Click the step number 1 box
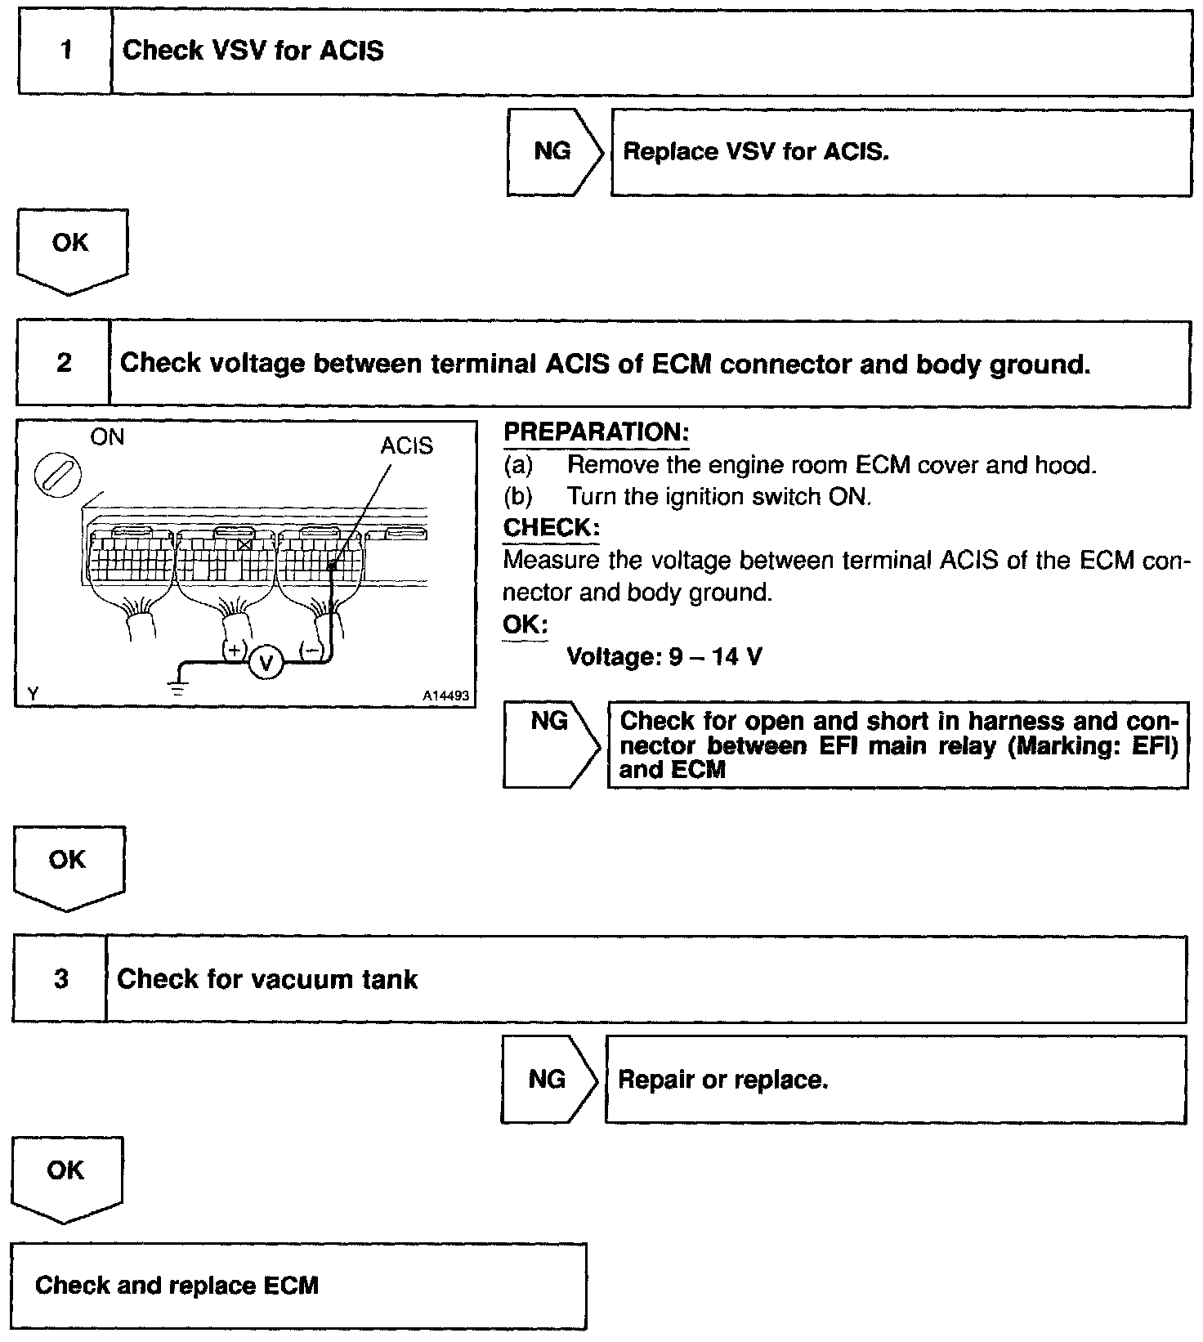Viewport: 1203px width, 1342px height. coord(65,51)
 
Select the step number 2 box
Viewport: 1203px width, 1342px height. coord(64,363)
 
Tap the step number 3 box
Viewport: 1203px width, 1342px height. coord(60,979)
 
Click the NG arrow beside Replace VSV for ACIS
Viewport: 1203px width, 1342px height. coord(553,152)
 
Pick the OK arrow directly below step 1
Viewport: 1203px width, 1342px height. coord(71,248)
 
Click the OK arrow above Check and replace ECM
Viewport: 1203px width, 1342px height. coord(66,1176)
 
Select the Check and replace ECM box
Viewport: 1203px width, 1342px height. coord(298,1286)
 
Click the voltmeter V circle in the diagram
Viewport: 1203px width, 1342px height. coord(265,662)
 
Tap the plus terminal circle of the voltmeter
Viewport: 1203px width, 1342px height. coord(235,651)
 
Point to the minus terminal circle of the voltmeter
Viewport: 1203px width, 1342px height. coord(312,651)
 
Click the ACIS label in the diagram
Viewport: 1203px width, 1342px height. coord(406,445)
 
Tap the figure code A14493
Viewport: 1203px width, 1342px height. coord(445,696)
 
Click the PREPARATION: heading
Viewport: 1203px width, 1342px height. coord(596,432)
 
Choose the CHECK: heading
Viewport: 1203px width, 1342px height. coord(551,528)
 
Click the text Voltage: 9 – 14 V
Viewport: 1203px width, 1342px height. coord(664,656)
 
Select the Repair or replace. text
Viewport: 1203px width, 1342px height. coord(723,1080)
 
